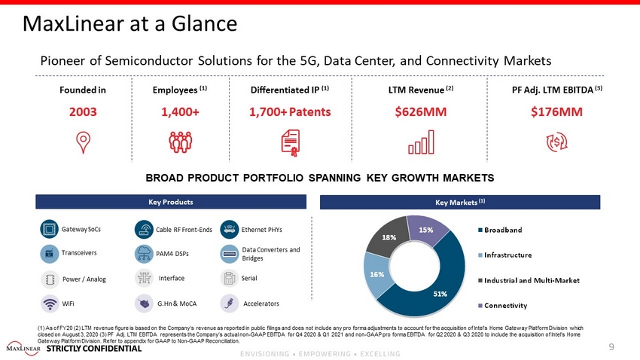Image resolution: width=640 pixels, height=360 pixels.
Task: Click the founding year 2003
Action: pyautogui.click(x=82, y=113)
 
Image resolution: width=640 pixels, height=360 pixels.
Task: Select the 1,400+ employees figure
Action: pyautogui.click(x=180, y=113)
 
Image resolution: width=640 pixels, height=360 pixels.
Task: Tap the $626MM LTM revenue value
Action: pyautogui.click(x=421, y=113)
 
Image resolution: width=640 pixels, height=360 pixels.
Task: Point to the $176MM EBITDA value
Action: pyautogui.click(x=556, y=113)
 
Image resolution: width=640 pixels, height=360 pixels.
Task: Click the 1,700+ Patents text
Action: pyautogui.click(x=290, y=113)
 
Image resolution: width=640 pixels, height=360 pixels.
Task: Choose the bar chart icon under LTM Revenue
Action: pyautogui.click(x=421, y=142)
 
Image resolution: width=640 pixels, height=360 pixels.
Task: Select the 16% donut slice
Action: pyautogui.click(x=376, y=274)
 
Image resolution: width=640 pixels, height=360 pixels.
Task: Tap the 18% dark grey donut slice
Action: pyautogui.click(x=386, y=236)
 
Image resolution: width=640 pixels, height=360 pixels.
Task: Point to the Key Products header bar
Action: pyautogui.click(x=171, y=202)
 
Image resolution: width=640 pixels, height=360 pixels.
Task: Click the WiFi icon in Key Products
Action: pyautogui.click(x=50, y=304)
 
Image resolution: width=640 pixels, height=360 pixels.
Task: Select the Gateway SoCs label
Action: pyautogui.click(x=81, y=229)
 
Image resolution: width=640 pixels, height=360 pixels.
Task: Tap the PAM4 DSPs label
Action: pyautogui.click(x=173, y=253)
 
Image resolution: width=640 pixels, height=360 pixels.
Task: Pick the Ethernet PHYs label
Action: pyautogui.click(x=264, y=229)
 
